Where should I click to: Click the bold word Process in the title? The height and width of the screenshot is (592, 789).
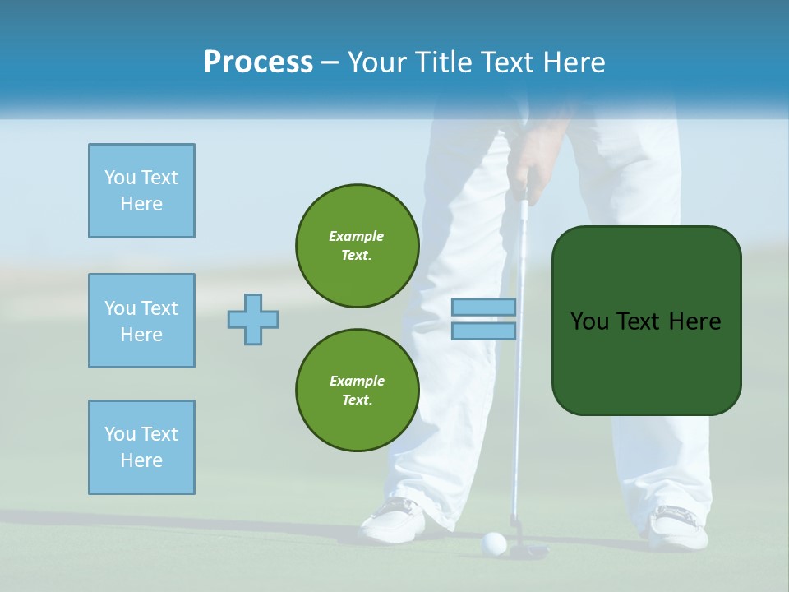pos(258,62)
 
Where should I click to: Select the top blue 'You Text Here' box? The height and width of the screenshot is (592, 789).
pos(141,191)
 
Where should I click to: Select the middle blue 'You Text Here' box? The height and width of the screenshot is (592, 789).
pos(141,321)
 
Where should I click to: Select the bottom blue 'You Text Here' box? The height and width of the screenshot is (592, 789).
pos(141,447)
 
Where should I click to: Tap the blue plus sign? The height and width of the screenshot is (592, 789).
pos(253,319)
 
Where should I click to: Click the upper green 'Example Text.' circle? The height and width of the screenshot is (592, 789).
pos(357,245)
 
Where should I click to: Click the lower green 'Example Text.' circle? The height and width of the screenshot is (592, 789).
pos(357,390)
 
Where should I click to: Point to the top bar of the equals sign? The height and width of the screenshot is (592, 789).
pos(483,307)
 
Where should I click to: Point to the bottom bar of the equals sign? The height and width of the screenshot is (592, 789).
pos(483,331)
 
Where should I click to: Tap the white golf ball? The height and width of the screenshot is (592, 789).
pos(493,542)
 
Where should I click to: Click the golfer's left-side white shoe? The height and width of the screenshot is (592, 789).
pos(394,520)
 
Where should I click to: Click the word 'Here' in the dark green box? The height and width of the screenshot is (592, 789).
pos(694,321)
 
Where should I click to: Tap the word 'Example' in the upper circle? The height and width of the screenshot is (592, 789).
pos(356,236)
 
